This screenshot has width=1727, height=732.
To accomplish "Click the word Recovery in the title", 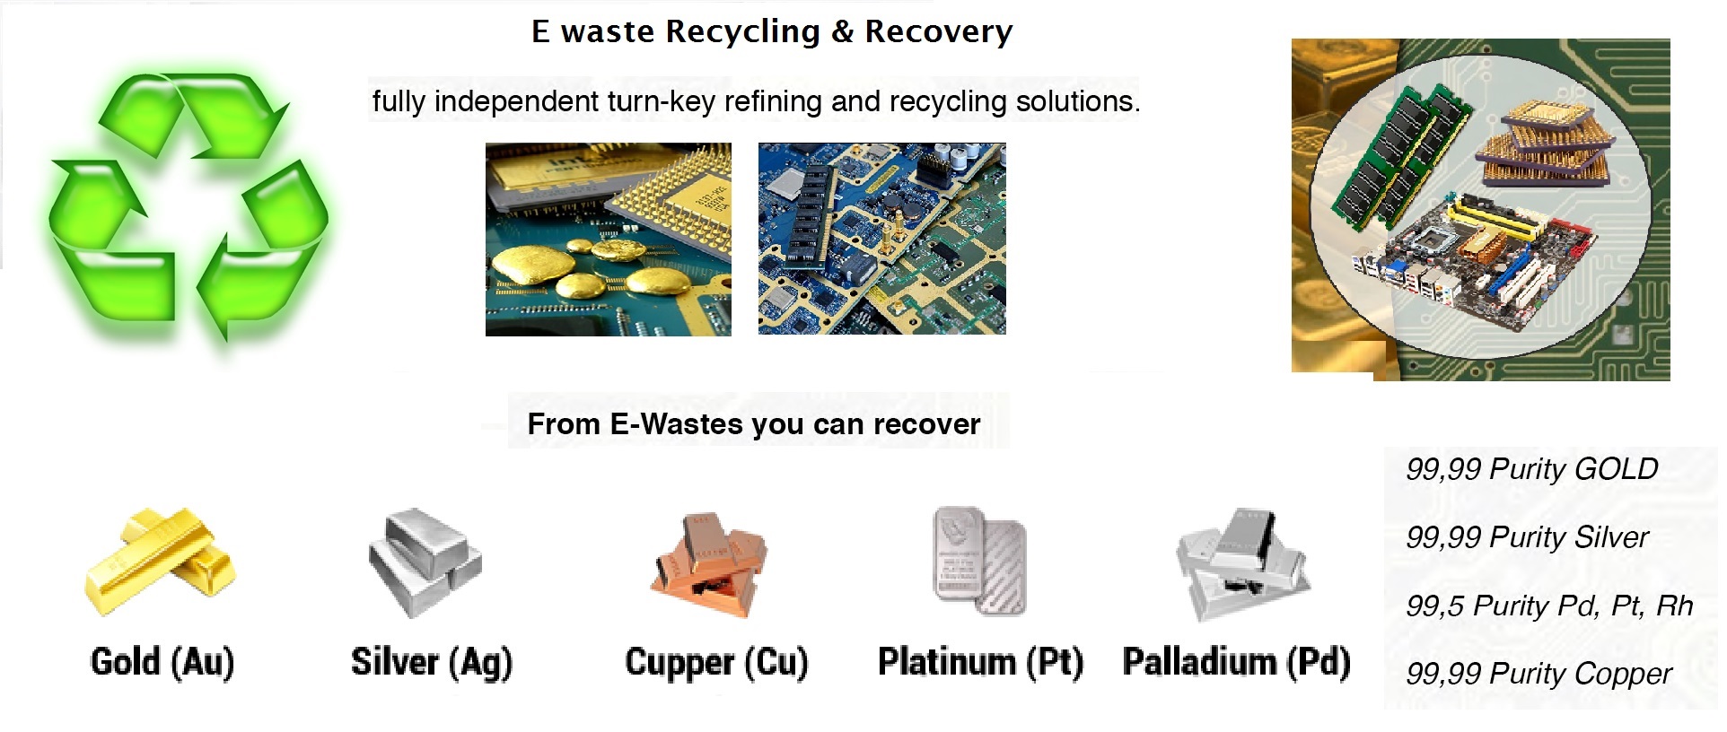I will tap(938, 32).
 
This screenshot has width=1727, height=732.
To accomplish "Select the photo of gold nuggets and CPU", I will tap(608, 240).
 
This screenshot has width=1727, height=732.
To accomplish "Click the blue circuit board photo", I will tap(881, 240).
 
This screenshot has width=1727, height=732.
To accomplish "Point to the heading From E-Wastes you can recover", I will tap(753, 423).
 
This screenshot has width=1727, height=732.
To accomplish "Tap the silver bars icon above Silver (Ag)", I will tap(425, 562).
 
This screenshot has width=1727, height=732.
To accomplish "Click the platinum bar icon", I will tap(980, 561).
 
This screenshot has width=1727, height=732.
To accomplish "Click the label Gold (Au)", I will tap(162, 662).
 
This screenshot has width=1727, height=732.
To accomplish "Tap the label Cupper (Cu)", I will tap(716, 663).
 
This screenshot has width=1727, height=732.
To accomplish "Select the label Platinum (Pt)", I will tap(980, 662).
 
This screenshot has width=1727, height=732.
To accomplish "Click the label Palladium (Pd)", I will tap(1236, 662).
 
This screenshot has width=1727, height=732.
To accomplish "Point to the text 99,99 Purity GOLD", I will tap(1531, 469).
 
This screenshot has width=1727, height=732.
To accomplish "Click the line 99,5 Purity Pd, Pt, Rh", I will tap(1549, 606).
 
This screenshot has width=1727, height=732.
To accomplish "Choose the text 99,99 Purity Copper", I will tap(1539, 674).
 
